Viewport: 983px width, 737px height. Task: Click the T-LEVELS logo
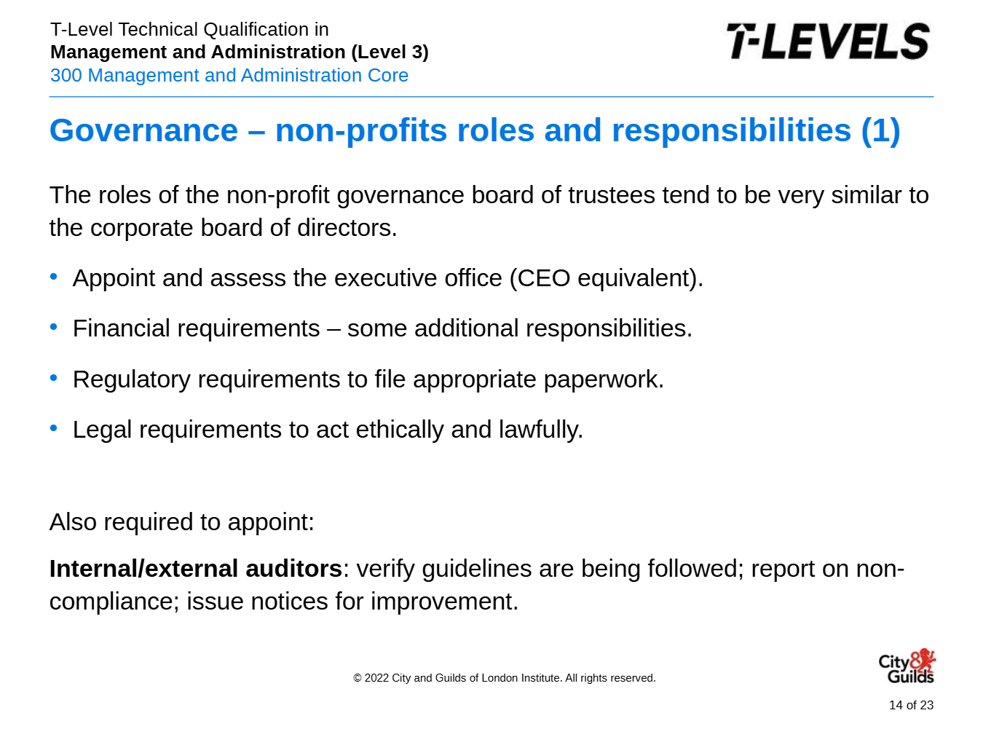click(828, 41)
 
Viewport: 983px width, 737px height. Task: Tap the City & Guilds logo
click(907, 666)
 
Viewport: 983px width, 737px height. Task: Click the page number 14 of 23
click(911, 705)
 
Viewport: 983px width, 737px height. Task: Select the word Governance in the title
click(143, 130)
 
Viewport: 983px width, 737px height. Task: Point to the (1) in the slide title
click(880, 131)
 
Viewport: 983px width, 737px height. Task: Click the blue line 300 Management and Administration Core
click(229, 75)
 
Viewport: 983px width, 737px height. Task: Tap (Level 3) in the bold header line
click(390, 52)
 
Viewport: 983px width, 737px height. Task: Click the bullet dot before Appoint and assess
click(54, 276)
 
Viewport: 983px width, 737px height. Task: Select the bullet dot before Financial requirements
click(54, 327)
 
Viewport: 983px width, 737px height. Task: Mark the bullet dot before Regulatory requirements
click(54, 378)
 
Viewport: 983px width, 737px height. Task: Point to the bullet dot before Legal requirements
click(54, 428)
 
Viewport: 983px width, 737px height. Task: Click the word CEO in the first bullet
click(540, 278)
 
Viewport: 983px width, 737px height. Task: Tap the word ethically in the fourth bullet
click(400, 430)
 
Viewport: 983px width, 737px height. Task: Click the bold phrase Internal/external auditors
click(196, 569)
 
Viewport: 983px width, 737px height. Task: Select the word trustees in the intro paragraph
click(612, 195)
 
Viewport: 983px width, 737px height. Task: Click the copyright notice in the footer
click(505, 678)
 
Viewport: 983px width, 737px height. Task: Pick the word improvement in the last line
click(444, 601)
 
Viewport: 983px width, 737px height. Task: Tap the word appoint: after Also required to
click(271, 522)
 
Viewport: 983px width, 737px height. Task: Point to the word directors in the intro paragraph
click(347, 228)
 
